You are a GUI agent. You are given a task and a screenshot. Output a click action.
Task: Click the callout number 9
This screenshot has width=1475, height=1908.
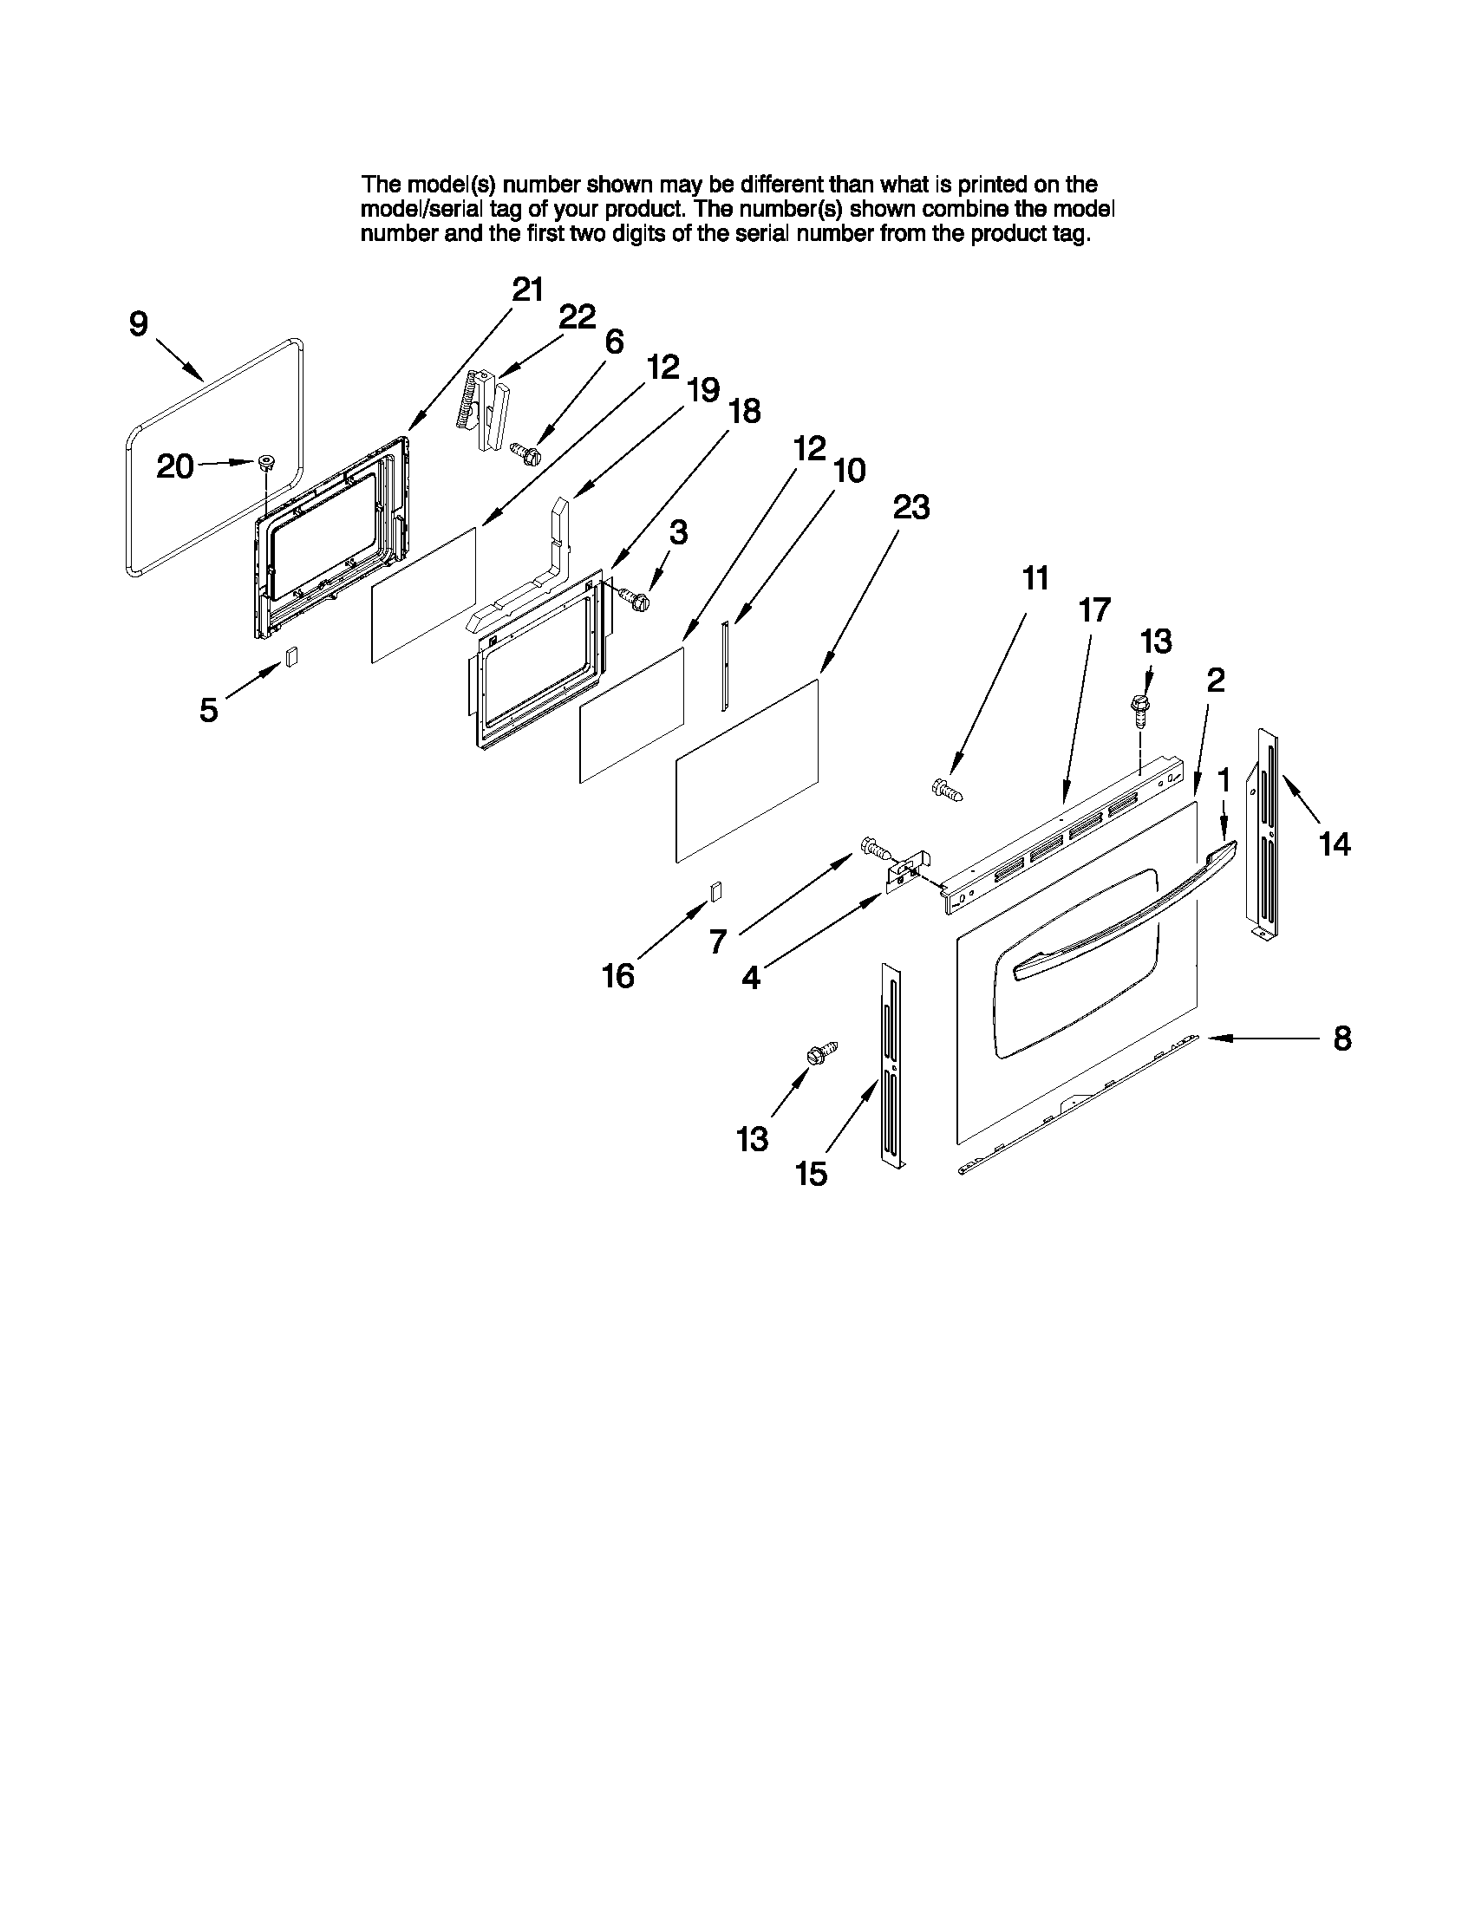139,324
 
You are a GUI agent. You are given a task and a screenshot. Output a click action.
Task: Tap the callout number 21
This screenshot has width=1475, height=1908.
528,290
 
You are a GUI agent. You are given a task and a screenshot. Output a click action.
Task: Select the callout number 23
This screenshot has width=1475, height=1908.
910,507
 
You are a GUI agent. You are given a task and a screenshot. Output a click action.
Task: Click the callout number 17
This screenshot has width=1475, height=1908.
1094,609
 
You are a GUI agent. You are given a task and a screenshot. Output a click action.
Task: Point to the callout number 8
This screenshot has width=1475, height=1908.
1342,1039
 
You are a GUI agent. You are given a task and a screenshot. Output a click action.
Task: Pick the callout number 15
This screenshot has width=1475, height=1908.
811,1174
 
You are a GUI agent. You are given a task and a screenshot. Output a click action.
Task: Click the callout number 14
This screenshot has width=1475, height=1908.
1335,844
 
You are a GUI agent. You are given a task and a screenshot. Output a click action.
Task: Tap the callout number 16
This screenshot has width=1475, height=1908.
617,976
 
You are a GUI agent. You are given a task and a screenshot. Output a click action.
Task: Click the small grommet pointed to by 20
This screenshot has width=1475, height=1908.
264,462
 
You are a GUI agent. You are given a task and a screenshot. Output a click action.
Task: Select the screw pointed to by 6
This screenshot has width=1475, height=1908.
526,453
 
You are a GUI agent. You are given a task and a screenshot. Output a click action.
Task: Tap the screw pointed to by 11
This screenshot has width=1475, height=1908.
947,790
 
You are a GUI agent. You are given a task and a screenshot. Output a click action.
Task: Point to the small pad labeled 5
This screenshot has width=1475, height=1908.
292,656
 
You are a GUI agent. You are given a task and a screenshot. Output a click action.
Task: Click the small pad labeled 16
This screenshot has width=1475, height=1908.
715,890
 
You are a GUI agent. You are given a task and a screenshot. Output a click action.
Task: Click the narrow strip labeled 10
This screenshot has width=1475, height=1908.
723,666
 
